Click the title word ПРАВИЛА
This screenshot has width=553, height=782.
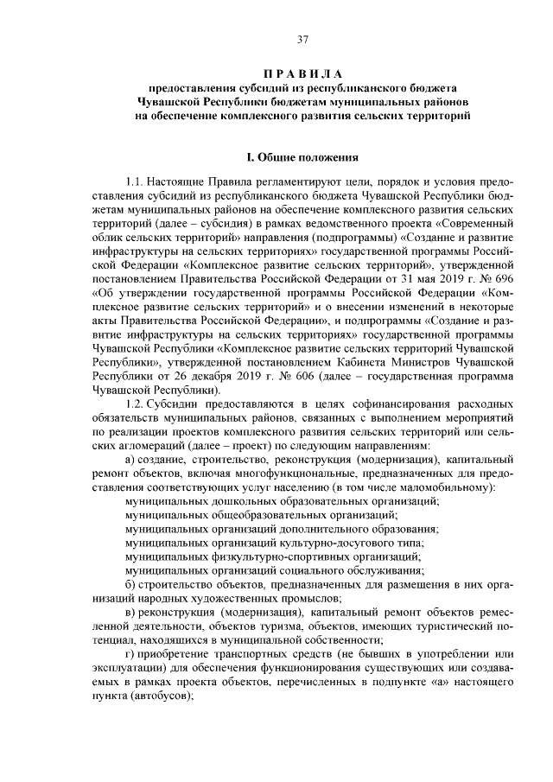[303, 73]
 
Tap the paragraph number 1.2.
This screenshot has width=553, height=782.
[136, 404]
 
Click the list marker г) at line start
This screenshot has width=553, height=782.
[130, 653]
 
